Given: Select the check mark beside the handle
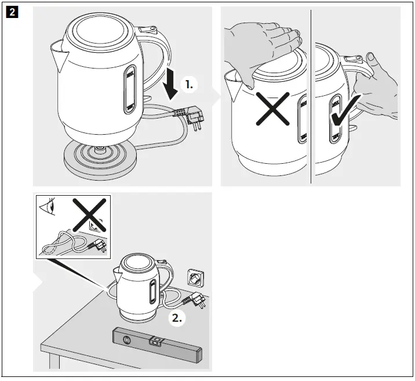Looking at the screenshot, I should tap(346, 117).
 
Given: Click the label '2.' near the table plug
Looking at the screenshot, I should tap(177, 318).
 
